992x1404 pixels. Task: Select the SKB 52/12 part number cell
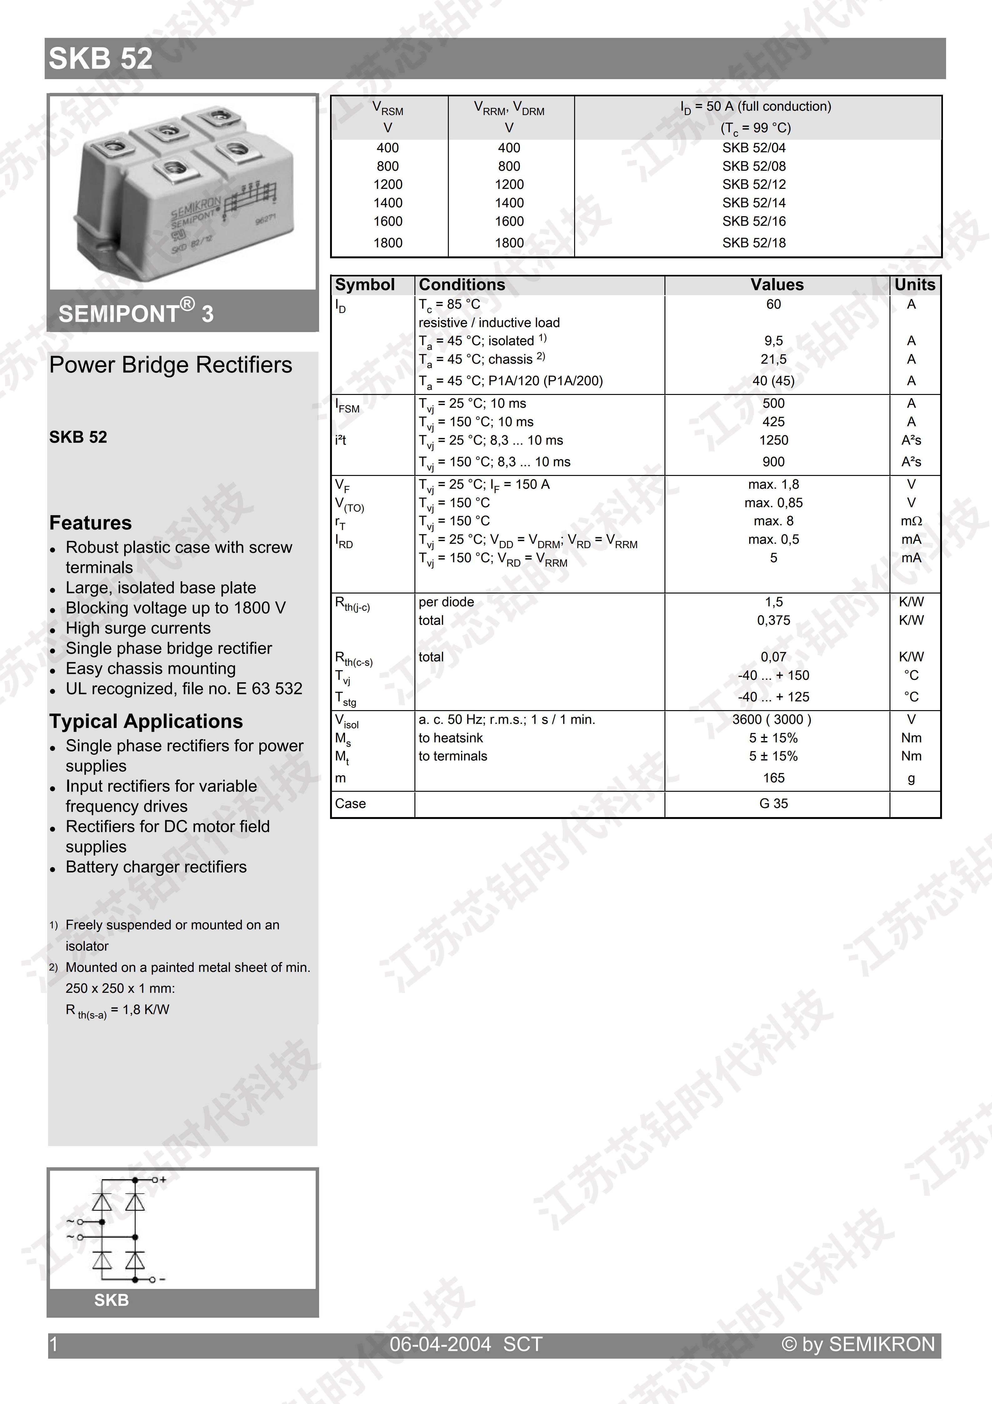[x=754, y=185]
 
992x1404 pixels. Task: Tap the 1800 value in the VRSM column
[x=388, y=243]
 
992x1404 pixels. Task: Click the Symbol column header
[x=365, y=285]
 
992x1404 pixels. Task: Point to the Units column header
[x=914, y=285]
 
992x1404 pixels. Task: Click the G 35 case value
[x=773, y=804]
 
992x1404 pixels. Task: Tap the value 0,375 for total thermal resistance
[x=773, y=621]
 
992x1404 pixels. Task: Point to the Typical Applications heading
[x=146, y=722]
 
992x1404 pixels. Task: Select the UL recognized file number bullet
[x=183, y=689]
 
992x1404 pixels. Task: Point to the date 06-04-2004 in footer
[x=440, y=1344]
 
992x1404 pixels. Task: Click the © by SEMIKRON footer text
[x=858, y=1344]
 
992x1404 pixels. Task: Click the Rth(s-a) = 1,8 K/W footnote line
[x=117, y=1010]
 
